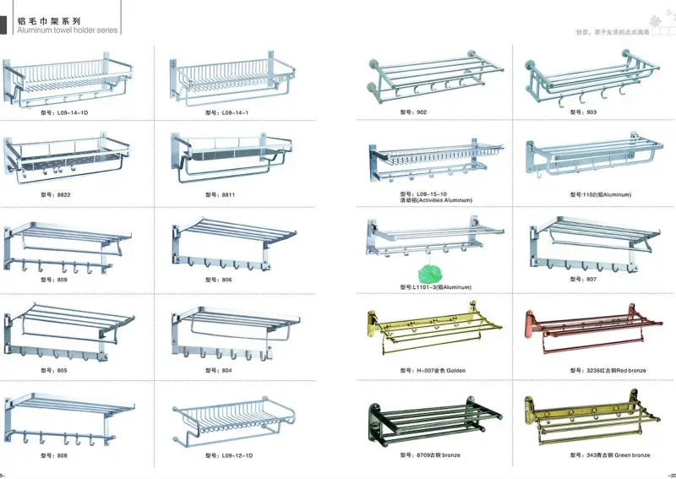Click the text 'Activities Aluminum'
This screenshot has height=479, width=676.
436,200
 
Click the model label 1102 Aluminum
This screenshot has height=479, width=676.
600,194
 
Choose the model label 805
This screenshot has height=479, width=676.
53,370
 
